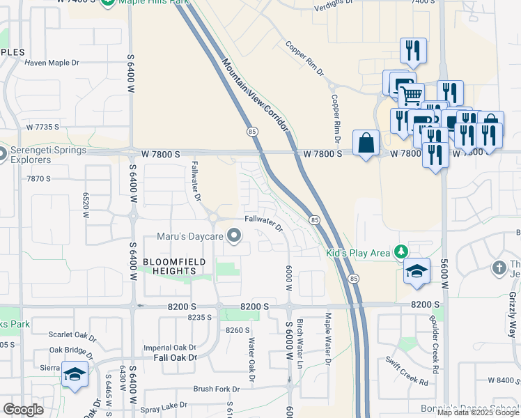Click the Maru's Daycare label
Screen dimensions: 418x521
[189, 237]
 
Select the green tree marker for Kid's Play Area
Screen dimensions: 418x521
[401, 251]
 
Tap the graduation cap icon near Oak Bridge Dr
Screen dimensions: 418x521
[75, 374]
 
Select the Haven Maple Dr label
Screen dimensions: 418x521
[52, 63]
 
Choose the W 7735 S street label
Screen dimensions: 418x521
[43, 127]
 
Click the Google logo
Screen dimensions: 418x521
[24, 409]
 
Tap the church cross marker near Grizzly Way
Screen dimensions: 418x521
[498, 268]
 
